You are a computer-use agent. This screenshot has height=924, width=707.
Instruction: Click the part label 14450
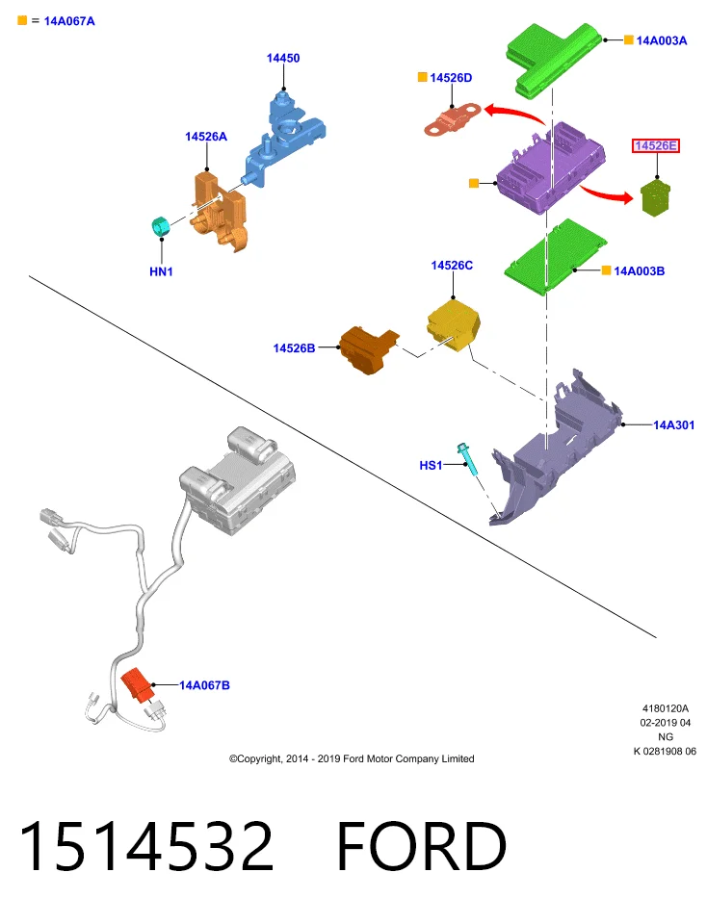283,58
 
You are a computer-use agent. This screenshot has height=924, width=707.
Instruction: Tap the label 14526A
206,136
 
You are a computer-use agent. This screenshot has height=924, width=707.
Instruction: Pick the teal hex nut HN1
161,227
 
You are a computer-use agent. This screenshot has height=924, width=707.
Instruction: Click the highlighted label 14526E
656,145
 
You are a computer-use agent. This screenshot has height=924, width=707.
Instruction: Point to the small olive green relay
656,198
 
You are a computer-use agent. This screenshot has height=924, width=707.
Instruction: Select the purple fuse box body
551,167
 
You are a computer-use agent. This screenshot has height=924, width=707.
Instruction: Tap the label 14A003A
661,40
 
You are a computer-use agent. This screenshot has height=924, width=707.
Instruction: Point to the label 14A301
673,424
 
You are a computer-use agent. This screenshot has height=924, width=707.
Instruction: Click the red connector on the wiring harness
138,685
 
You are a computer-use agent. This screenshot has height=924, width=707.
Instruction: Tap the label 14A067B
204,684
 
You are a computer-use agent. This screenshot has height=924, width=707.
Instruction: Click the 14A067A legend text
69,21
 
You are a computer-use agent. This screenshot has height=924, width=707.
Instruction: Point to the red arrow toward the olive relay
606,193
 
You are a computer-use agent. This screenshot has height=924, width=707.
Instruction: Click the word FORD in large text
422,846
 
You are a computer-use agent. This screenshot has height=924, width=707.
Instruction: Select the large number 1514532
146,846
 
